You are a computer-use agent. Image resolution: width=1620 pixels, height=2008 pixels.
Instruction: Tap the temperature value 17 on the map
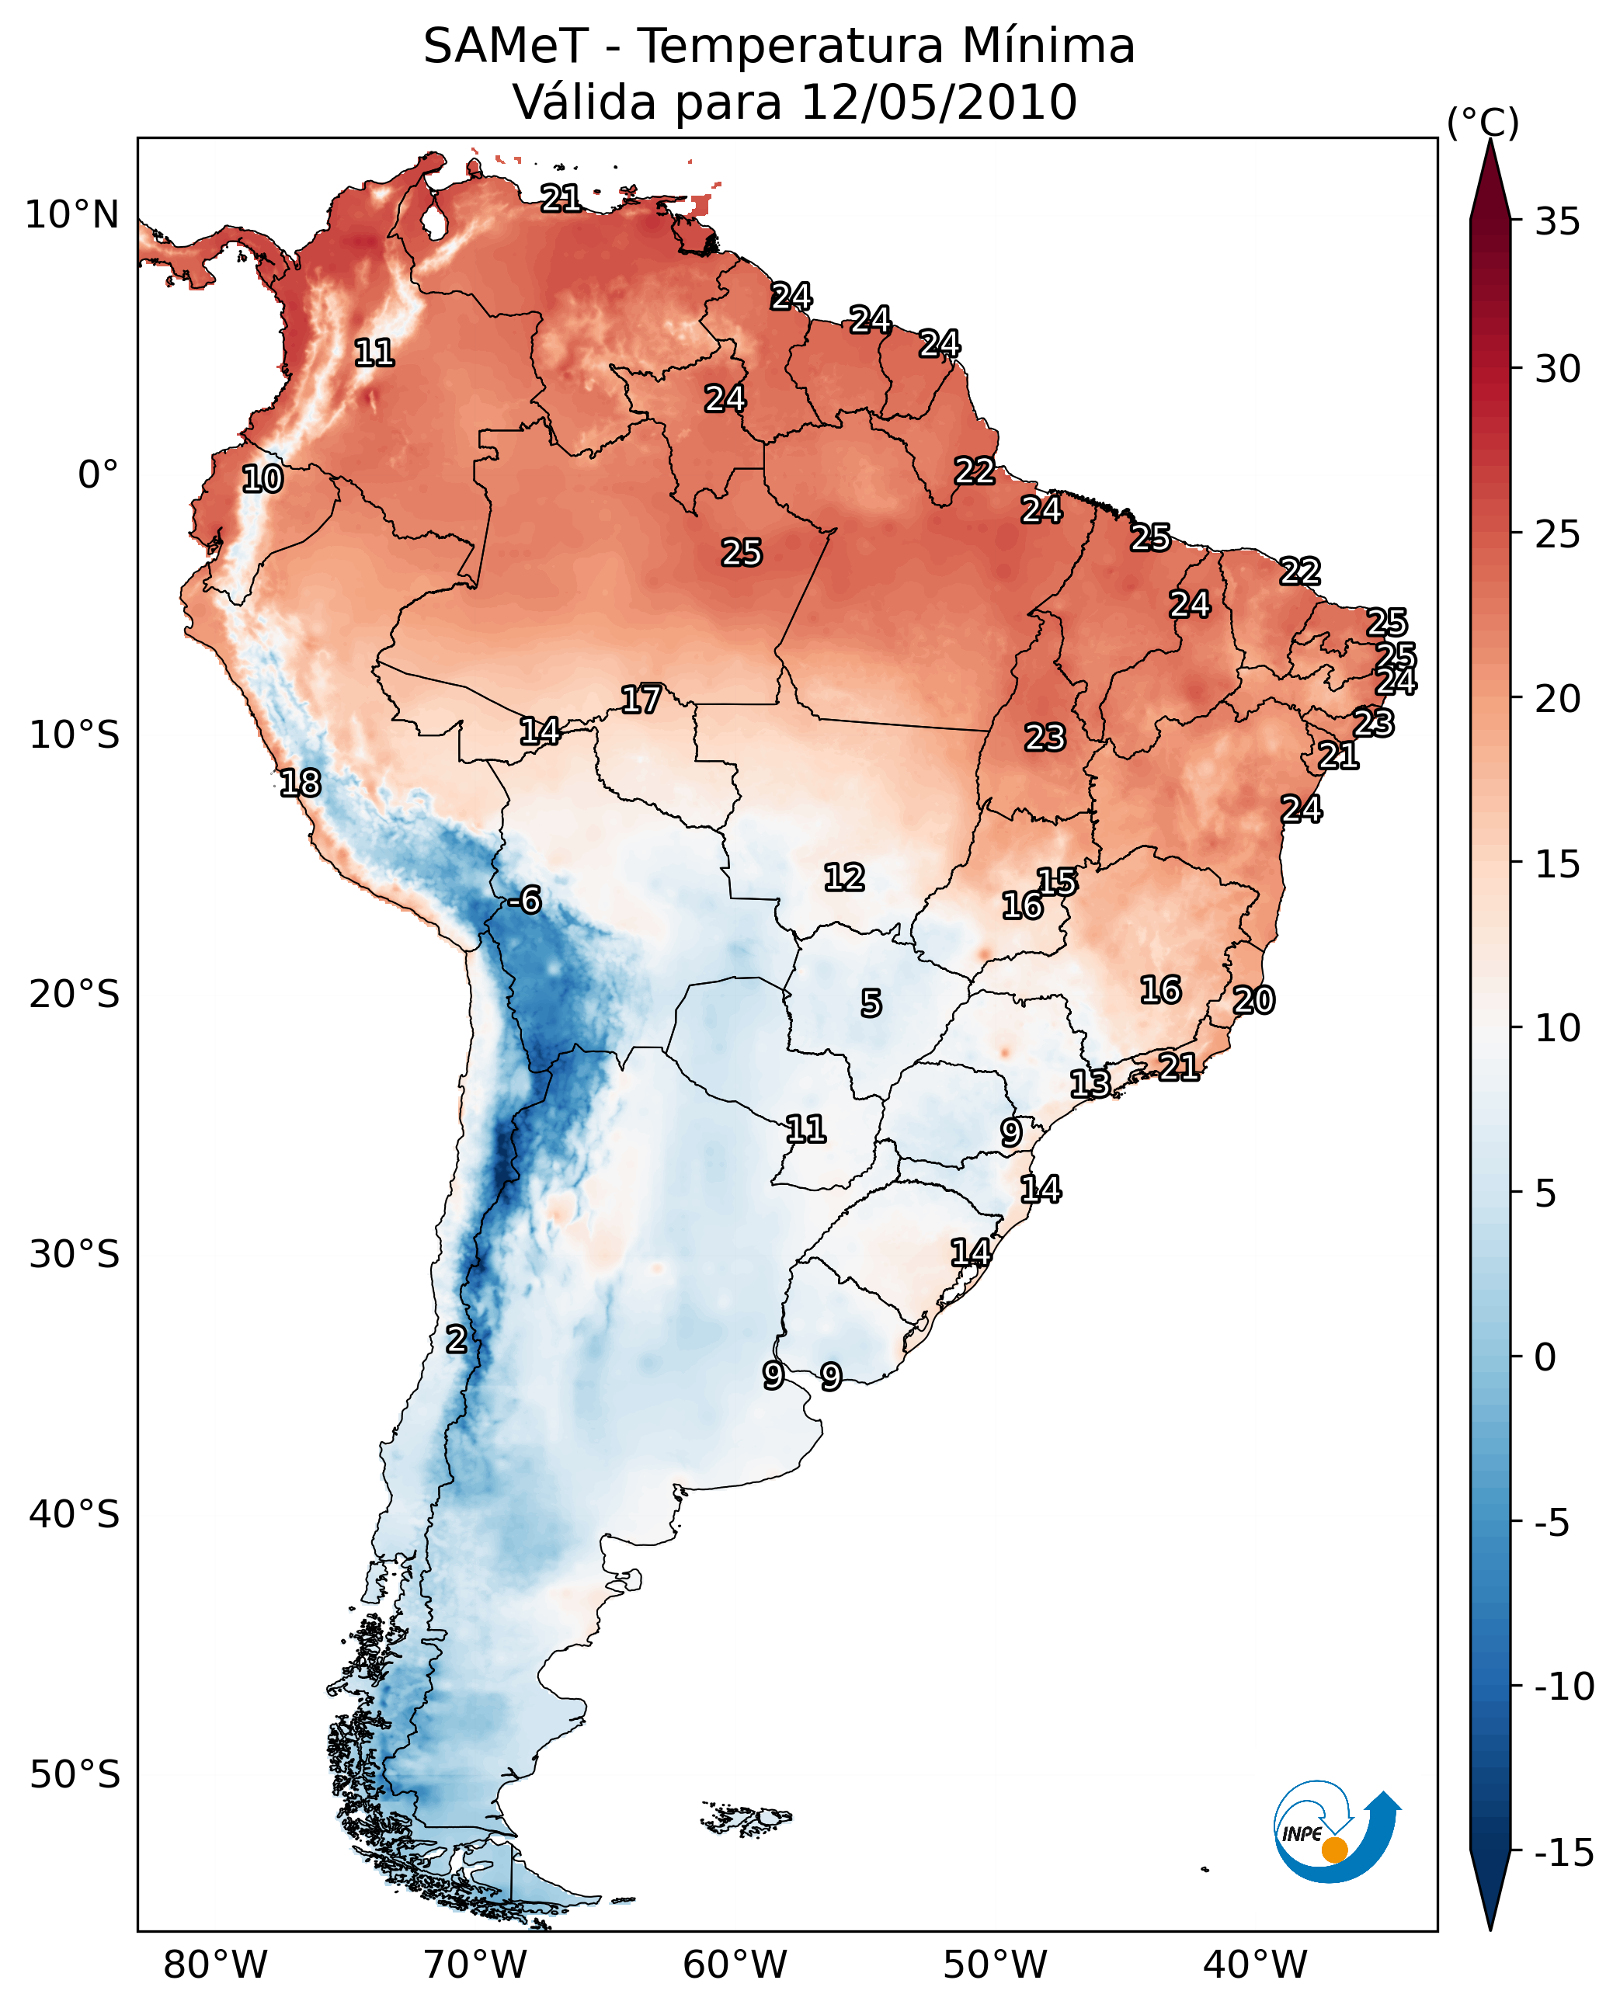[641, 700]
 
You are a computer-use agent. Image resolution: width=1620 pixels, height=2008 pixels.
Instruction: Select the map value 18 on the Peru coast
[301, 783]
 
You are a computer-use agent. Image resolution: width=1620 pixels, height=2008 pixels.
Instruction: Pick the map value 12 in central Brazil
[844, 877]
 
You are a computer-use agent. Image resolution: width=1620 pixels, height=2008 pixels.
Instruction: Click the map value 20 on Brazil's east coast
[1253, 1000]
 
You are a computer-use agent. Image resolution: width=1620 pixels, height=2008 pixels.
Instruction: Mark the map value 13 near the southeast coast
[1089, 1083]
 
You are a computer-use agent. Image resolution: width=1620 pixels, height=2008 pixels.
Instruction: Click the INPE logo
[1336, 1832]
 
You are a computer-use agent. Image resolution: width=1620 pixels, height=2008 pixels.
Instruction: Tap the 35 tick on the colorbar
[1557, 222]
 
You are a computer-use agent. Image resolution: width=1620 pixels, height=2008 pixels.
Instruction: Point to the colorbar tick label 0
[1545, 1357]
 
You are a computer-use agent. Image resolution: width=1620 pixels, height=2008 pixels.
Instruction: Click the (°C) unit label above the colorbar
[1483, 122]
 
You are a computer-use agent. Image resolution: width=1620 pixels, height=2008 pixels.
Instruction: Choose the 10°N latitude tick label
[72, 216]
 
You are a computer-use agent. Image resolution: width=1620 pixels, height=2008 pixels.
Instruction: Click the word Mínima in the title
[1047, 47]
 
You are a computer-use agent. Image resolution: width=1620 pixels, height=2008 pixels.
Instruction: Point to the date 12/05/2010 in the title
[939, 102]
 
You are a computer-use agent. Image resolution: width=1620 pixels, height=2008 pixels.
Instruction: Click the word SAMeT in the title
[506, 47]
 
